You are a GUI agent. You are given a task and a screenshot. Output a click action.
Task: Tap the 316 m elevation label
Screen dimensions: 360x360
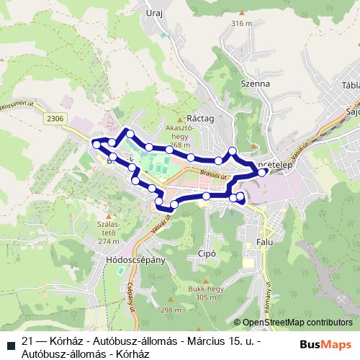point(241,24)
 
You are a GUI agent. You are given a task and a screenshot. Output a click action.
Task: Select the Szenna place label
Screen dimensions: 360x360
point(256,84)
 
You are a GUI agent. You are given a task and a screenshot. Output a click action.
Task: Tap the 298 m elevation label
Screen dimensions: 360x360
point(171,310)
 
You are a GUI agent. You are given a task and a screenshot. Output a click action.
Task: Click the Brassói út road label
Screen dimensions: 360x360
point(215,175)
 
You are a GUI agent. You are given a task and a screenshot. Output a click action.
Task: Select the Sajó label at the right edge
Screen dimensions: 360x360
point(353,112)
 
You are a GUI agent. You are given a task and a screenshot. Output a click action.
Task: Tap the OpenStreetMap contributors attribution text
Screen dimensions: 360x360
point(298,323)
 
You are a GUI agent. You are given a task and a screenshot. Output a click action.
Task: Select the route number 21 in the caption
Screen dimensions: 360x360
point(27,342)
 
